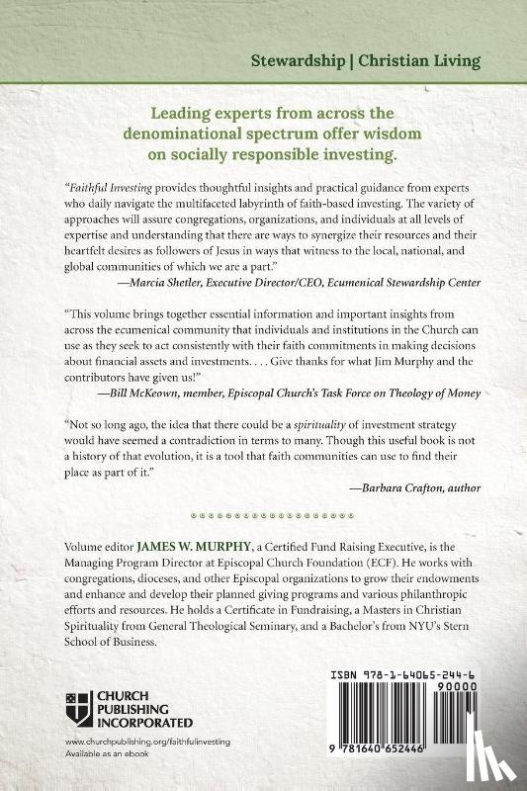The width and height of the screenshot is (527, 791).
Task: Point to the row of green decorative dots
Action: (263, 515)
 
